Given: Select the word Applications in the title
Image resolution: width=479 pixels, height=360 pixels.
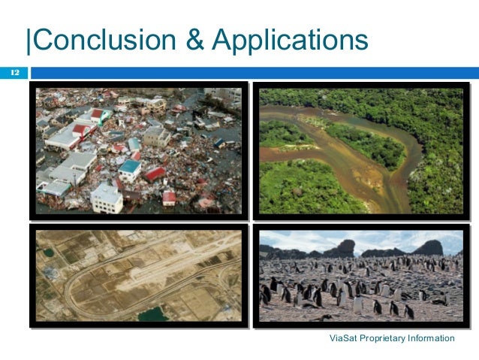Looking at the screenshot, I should coord(291,40).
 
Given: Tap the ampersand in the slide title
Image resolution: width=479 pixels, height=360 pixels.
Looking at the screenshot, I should coord(194,40).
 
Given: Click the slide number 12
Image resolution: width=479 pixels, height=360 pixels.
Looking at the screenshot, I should coord(14,73).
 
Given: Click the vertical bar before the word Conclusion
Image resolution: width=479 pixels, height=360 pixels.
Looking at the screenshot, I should coord(29,40).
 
